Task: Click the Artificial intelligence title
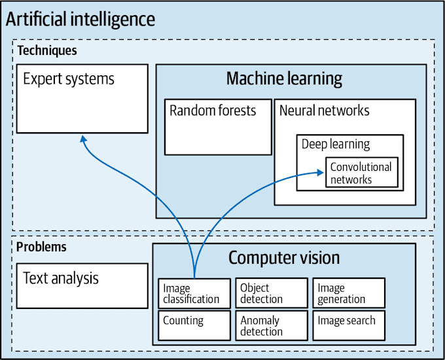click(80, 19)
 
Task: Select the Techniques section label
click(46, 50)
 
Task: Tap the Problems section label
click(41, 247)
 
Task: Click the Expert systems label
click(69, 79)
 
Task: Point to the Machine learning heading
click(284, 79)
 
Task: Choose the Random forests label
click(213, 111)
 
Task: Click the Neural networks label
click(324, 111)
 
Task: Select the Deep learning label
click(336, 144)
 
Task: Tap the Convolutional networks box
click(361, 172)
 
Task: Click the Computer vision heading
click(284, 258)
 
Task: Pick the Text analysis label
click(61, 278)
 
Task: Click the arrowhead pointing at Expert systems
click(82, 138)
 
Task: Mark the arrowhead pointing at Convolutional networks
click(320, 172)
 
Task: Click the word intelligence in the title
click(113, 19)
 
